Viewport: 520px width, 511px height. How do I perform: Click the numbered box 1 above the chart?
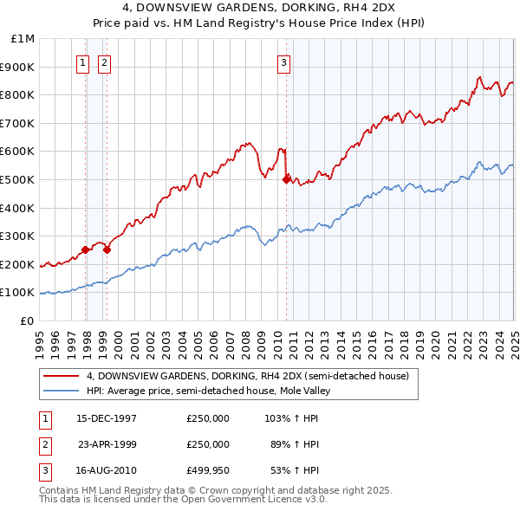(x=82, y=61)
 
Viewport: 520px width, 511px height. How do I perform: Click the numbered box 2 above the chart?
(x=104, y=61)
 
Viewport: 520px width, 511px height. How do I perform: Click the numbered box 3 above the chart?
(x=283, y=61)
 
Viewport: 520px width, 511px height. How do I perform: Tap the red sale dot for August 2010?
(x=286, y=180)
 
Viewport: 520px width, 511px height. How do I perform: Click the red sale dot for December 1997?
(x=86, y=250)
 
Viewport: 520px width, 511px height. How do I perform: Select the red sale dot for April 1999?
(x=107, y=250)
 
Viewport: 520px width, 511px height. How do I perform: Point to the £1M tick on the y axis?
(x=23, y=39)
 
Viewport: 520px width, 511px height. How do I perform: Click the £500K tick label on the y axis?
(x=19, y=180)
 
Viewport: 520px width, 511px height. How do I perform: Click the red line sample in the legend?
(x=60, y=376)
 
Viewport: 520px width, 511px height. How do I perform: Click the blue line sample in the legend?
(x=60, y=391)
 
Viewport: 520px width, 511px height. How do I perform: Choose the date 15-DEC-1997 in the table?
(x=107, y=418)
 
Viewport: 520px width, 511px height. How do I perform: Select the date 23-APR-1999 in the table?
(x=107, y=445)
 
